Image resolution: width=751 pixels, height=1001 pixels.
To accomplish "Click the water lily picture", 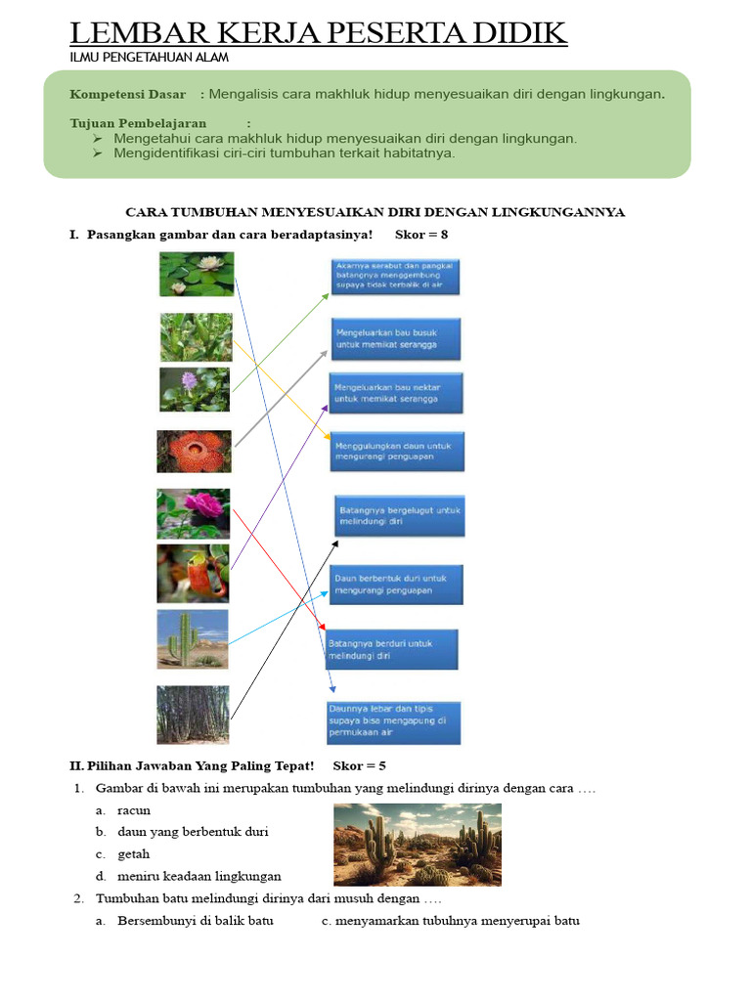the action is (x=197, y=274).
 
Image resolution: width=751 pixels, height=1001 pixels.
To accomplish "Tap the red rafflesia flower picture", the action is (x=194, y=452).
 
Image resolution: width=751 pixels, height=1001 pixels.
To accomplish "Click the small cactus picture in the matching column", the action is (x=193, y=639).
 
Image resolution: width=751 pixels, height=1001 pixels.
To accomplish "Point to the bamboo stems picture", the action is (x=193, y=715).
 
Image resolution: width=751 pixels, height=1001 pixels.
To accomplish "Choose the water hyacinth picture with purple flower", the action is (x=195, y=390).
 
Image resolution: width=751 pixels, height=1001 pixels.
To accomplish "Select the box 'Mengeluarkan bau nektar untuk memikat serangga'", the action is (x=395, y=393).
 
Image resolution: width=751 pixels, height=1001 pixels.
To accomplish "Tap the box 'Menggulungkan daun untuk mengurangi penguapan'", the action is (x=397, y=452).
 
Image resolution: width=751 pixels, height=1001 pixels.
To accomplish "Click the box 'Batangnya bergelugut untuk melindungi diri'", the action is (x=399, y=515).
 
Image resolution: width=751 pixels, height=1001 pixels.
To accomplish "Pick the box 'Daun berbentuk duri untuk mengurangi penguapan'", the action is (x=396, y=584).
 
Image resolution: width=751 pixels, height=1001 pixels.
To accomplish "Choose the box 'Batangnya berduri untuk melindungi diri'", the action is (x=391, y=650).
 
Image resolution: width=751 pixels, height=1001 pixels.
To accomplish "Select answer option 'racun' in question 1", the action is (x=134, y=810).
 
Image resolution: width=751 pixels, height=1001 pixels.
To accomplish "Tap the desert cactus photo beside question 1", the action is (x=418, y=845).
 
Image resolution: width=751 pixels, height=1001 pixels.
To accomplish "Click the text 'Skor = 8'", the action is (x=421, y=235).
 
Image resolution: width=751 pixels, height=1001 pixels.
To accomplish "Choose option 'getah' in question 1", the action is (x=134, y=853).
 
